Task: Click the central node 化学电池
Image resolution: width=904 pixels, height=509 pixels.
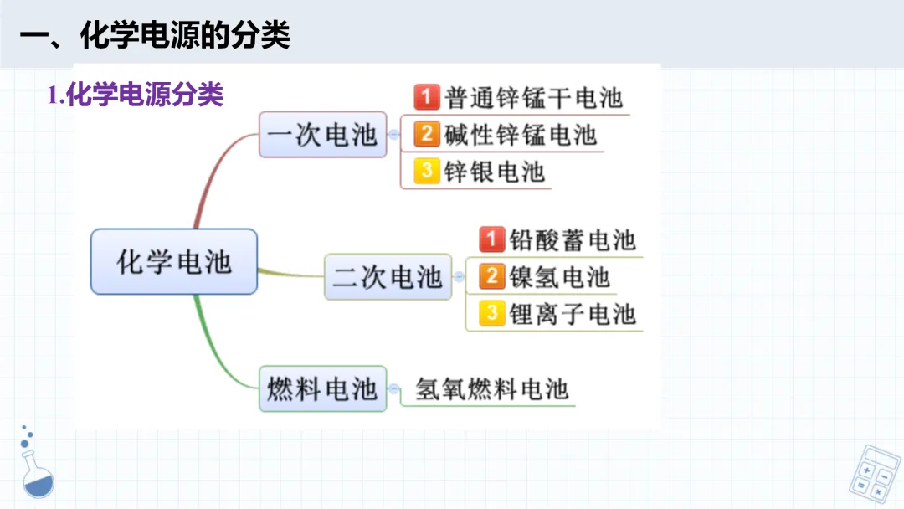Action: click(173, 262)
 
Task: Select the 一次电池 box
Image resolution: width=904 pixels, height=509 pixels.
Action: click(322, 135)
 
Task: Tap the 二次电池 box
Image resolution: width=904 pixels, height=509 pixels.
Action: click(388, 277)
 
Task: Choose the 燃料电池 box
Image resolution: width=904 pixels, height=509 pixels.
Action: click(322, 388)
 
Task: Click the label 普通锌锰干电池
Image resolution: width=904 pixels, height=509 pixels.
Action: click(534, 98)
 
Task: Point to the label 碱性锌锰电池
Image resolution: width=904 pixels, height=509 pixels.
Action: click(521, 135)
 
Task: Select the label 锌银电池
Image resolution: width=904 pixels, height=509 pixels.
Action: click(495, 172)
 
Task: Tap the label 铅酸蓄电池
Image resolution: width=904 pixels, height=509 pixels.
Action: click(573, 240)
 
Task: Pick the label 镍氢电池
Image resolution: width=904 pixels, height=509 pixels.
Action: click(560, 277)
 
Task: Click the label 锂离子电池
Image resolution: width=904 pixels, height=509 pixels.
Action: click(573, 314)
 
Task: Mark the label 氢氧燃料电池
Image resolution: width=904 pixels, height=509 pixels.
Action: click(492, 388)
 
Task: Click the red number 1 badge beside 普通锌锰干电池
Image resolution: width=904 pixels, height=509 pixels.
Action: click(427, 98)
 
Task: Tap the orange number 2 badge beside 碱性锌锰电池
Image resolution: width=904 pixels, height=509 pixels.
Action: click(427, 134)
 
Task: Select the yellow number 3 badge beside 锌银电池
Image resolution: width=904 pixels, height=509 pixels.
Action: click(427, 171)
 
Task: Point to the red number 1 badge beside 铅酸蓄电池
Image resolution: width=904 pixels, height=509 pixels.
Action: click(491, 239)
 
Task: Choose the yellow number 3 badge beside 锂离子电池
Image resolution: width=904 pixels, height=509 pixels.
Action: click(491, 313)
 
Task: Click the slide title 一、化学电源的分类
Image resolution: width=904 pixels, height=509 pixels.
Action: click(155, 35)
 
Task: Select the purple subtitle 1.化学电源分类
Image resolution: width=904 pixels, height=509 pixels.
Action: click(136, 95)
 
